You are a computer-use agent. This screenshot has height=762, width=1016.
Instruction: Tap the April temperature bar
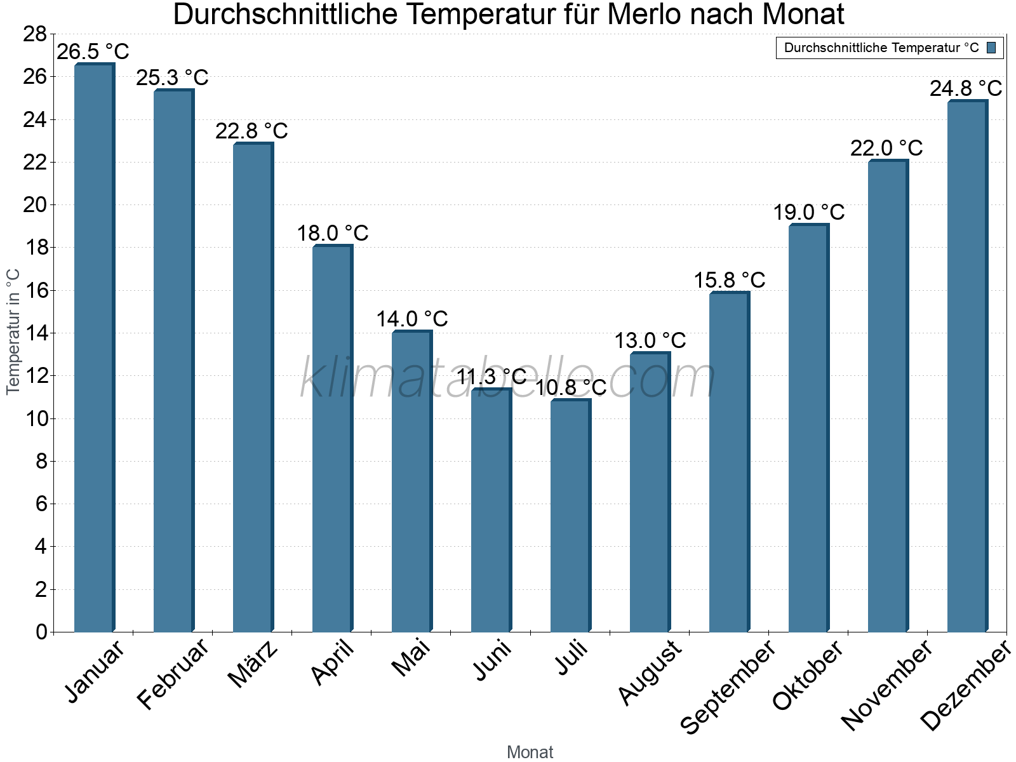pyautogui.click(x=332, y=438)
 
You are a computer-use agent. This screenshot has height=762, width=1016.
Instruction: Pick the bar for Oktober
pyautogui.click(x=808, y=428)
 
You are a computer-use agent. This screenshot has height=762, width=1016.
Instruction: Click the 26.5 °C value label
pyautogui.click(x=93, y=51)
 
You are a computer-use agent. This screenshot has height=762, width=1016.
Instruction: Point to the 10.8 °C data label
pyautogui.click(x=571, y=387)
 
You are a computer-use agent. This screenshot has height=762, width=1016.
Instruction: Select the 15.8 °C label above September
pyautogui.click(x=729, y=280)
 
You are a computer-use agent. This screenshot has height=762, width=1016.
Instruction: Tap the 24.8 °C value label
pyautogui.click(x=966, y=88)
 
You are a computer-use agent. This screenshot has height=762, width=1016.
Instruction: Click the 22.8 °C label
pyautogui.click(x=251, y=131)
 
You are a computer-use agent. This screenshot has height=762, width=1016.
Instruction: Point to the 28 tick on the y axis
pyautogui.click(x=35, y=34)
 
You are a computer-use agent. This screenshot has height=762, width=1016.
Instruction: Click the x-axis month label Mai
pyautogui.click(x=411, y=658)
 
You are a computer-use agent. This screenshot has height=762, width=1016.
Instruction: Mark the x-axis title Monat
pyautogui.click(x=530, y=752)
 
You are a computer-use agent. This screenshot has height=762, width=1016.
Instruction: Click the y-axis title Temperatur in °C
pyautogui.click(x=13, y=331)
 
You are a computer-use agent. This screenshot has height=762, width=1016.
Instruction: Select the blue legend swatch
pyautogui.click(x=991, y=48)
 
